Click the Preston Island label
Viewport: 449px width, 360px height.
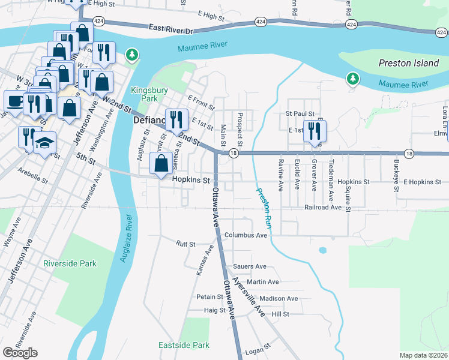click(409, 63)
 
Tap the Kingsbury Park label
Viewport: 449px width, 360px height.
click(144, 94)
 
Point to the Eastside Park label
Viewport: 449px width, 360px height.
click(184, 345)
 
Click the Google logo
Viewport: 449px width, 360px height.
click(20, 353)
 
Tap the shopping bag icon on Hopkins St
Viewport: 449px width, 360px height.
click(161, 163)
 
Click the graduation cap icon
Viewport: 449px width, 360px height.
click(44, 143)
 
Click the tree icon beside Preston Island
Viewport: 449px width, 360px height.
click(353, 79)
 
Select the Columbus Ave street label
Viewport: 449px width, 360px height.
click(246, 236)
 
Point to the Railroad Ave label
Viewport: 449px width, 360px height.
click(323, 207)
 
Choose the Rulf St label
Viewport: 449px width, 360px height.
click(185, 244)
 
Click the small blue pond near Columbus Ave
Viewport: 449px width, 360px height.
click(323, 250)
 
